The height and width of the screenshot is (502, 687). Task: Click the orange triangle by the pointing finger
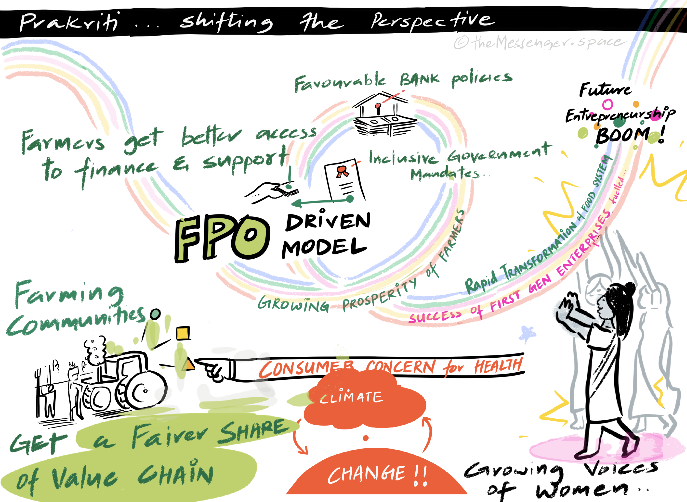[x=189, y=365]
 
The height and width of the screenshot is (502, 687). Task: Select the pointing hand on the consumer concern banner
[x=213, y=369]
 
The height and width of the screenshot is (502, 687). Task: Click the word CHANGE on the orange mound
[x=367, y=474]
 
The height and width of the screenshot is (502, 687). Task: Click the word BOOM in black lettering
[x=622, y=135]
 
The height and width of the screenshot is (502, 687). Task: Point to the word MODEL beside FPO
[x=324, y=248]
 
